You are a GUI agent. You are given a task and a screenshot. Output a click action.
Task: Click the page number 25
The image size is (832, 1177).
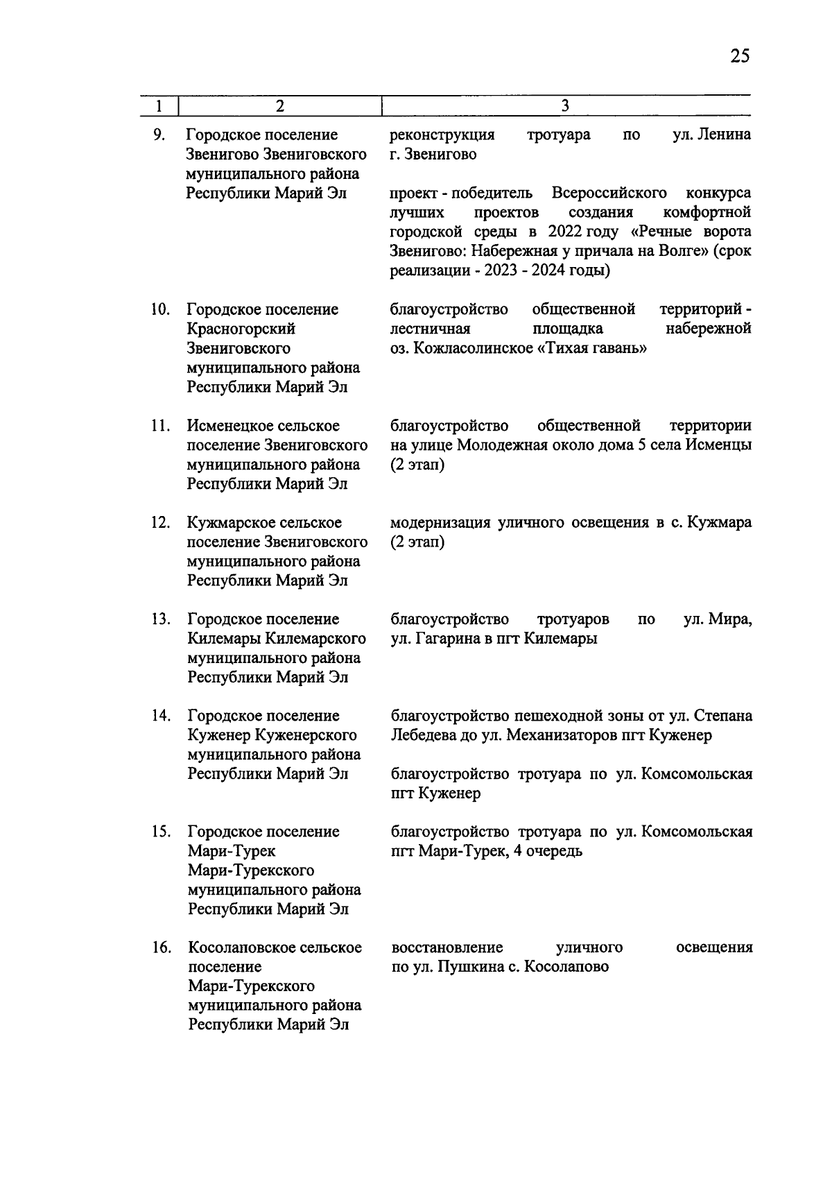[x=739, y=56]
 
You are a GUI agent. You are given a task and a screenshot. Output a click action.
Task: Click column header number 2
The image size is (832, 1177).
[x=279, y=106]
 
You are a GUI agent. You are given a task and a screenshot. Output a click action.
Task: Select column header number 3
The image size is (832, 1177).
[x=565, y=106]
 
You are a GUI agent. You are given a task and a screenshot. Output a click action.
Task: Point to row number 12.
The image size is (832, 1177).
[x=161, y=522]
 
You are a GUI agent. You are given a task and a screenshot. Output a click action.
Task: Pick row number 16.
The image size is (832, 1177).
[x=161, y=947]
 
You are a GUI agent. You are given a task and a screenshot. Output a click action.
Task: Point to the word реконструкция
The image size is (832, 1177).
[x=442, y=135]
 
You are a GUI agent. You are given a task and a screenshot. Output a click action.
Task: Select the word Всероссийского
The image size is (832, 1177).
[x=609, y=192]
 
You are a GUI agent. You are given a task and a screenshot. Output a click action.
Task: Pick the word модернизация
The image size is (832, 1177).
[x=440, y=522]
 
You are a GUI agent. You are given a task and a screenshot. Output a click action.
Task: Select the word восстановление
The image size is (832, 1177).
[x=447, y=947]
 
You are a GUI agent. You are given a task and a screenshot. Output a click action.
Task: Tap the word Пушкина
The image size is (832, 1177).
[x=465, y=967]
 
